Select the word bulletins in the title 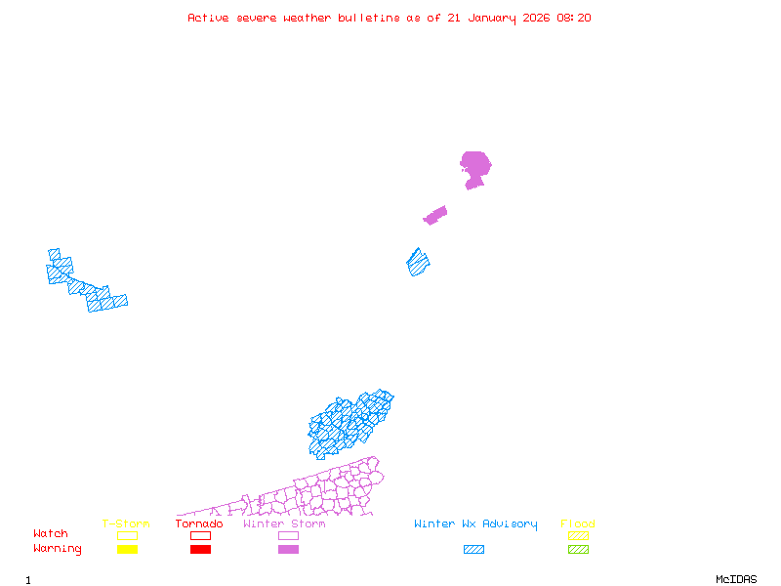[369, 18]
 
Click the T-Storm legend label [126, 524]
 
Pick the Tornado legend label [199, 524]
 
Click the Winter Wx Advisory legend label [475, 524]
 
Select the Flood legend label [578, 524]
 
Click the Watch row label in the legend [51, 534]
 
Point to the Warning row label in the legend [58, 549]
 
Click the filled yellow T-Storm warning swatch [127, 550]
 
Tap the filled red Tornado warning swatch [200, 550]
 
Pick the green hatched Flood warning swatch [578, 550]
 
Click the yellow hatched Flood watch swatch [578, 535]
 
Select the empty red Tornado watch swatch [200, 535]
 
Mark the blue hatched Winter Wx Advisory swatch [473, 550]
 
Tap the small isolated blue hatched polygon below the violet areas [419, 262]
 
